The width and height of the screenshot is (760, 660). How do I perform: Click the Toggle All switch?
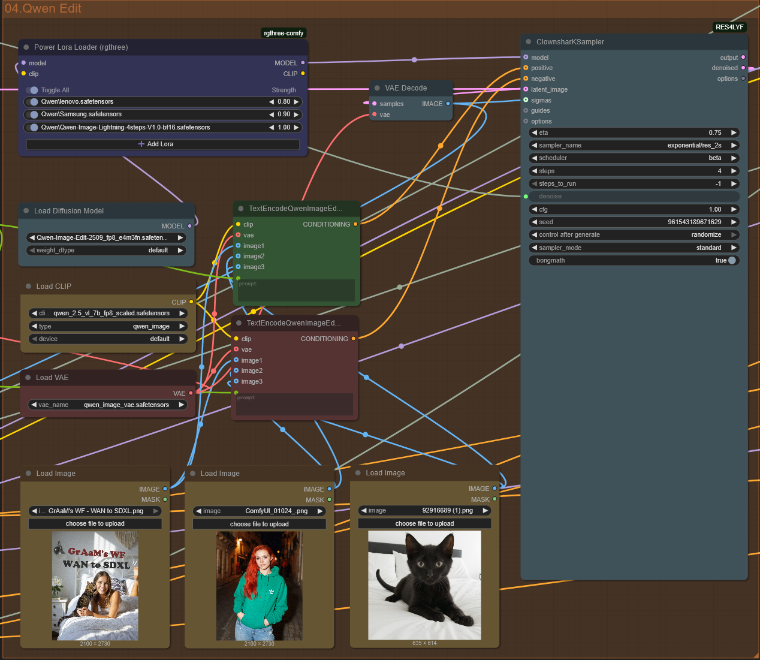click(32, 90)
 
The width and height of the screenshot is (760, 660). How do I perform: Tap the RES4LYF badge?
click(729, 27)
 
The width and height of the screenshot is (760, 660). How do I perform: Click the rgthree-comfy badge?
click(284, 33)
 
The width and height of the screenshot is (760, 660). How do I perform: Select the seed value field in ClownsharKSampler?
click(633, 222)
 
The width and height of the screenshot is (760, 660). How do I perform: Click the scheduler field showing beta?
click(633, 158)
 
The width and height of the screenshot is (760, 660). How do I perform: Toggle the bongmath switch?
click(731, 261)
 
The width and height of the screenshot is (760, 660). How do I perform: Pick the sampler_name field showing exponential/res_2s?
click(633, 145)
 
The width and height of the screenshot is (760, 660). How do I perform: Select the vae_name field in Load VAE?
click(108, 405)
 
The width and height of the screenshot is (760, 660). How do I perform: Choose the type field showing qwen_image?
click(108, 327)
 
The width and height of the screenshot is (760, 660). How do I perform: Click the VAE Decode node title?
click(406, 88)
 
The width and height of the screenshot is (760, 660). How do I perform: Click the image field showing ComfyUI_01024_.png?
click(259, 511)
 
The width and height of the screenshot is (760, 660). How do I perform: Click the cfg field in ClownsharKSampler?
click(633, 209)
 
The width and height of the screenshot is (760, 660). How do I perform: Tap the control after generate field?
click(633, 235)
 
